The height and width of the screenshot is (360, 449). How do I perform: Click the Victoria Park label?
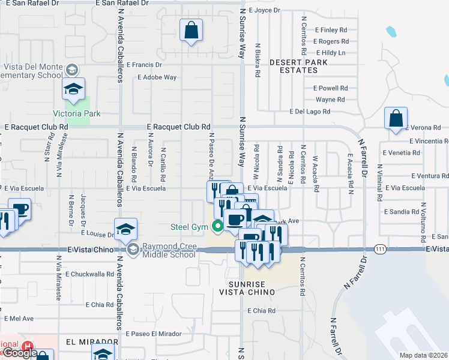(76, 113)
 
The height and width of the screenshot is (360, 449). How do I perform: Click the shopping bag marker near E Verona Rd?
(396, 118)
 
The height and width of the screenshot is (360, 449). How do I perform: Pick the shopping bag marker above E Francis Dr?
(191, 30)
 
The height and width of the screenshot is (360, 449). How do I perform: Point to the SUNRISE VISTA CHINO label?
(251, 287)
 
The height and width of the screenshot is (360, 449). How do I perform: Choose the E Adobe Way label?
(157, 77)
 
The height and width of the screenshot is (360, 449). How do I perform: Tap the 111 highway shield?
(380, 248)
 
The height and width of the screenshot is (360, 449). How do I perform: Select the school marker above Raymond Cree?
(125, 229)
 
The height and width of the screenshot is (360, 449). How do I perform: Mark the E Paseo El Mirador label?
(153, 334)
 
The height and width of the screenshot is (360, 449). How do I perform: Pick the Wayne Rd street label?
(330, 100)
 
